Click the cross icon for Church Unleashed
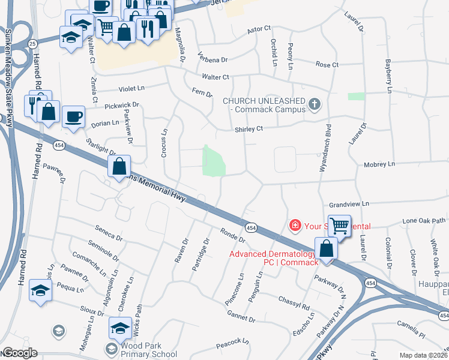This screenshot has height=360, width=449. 314,106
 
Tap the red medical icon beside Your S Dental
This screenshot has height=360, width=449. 295,226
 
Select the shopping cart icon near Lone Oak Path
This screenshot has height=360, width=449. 339,226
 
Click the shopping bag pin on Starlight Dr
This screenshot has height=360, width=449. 119,166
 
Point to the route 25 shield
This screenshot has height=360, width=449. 32,43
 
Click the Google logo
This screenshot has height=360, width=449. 20,353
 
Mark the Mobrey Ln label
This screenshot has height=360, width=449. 379,164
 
